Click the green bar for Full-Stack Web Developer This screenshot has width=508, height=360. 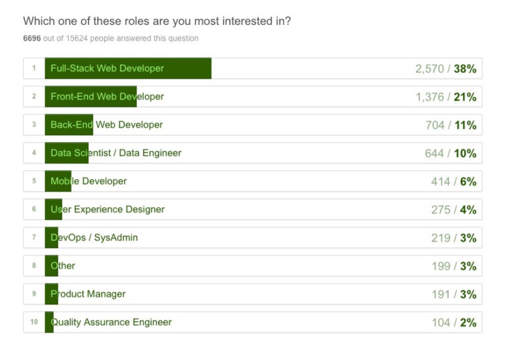128,68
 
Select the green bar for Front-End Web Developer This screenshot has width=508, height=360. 91,96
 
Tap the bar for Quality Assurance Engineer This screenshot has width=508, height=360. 49,322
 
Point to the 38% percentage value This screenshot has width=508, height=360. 465,69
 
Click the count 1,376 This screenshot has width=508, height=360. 430,97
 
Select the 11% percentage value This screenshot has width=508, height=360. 465,125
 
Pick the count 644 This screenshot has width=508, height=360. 434,153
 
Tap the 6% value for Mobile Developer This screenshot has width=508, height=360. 468,181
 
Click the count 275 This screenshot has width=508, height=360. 440,210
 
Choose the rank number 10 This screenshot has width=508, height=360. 34,322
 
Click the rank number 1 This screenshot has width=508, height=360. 34,68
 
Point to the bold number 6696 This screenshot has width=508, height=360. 32,38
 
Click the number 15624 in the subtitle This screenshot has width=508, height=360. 76,38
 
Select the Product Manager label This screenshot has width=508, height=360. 88,294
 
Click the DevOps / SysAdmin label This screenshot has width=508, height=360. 94,237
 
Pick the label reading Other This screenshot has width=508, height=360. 63,266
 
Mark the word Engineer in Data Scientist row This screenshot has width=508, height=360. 162,153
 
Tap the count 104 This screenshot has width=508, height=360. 441,322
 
